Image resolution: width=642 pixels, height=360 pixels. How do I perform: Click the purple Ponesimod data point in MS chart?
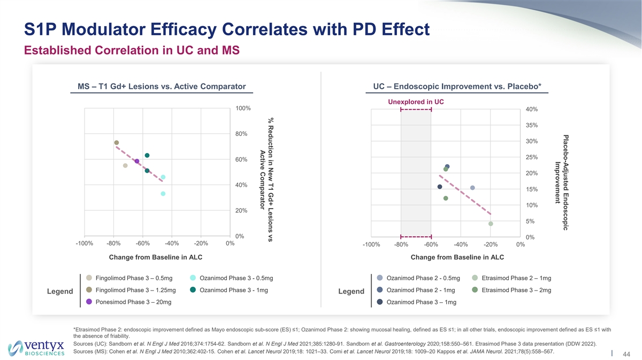[137, 161]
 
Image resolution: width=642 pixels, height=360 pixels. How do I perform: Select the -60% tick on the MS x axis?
[142, 244]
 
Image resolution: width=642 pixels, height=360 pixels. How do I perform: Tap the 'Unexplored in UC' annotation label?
[416, 102]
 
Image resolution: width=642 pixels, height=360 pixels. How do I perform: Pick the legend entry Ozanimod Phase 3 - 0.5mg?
[235, 278]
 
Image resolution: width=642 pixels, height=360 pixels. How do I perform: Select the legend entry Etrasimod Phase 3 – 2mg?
[516, 290]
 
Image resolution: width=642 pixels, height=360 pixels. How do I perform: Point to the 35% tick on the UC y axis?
[532, 126]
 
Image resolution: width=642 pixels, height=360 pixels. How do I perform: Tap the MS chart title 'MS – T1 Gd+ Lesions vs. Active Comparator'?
[161, 86]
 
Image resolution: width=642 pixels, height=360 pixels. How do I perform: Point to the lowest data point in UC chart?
[491, 224]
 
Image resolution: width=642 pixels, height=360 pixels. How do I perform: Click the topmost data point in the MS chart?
[116, 143]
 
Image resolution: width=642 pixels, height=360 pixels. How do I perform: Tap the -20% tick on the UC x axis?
[490, 245]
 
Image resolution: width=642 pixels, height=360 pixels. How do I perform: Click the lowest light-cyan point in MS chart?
[163, 194]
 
